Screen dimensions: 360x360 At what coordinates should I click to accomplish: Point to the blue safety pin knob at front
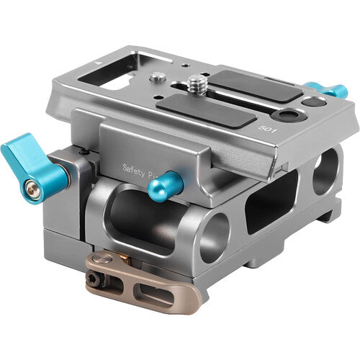tap(164, 186)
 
